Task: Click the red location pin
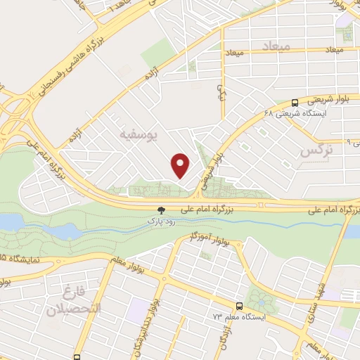[x=181, y=166]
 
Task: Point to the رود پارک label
[x=158, y=221]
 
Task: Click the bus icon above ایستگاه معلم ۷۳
[x=240, y=306]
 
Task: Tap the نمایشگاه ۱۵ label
[x=21, y=259]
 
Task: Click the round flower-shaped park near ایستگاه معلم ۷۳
[x=262, y=301]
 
